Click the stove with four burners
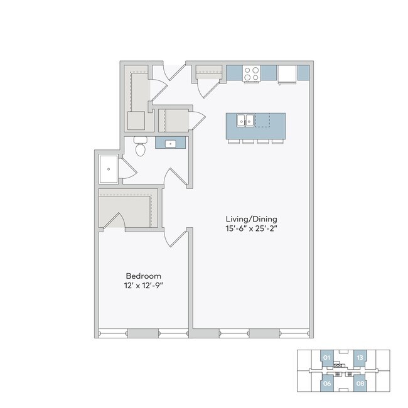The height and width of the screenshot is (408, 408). (252, 73)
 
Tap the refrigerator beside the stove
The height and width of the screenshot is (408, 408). (286, 74)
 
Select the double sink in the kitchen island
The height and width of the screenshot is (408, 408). (245, 120)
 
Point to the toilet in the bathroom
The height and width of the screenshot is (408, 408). (141, 146)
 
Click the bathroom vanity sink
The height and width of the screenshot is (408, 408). (170, 144)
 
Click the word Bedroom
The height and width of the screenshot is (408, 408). (143, 276)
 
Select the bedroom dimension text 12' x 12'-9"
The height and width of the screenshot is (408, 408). (144, 286)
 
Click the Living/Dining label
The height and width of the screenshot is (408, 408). (251, 218)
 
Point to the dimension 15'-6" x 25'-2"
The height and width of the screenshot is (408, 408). (251, 228)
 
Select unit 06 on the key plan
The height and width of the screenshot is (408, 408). (326, 383)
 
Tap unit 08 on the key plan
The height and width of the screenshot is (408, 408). (360, 383)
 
